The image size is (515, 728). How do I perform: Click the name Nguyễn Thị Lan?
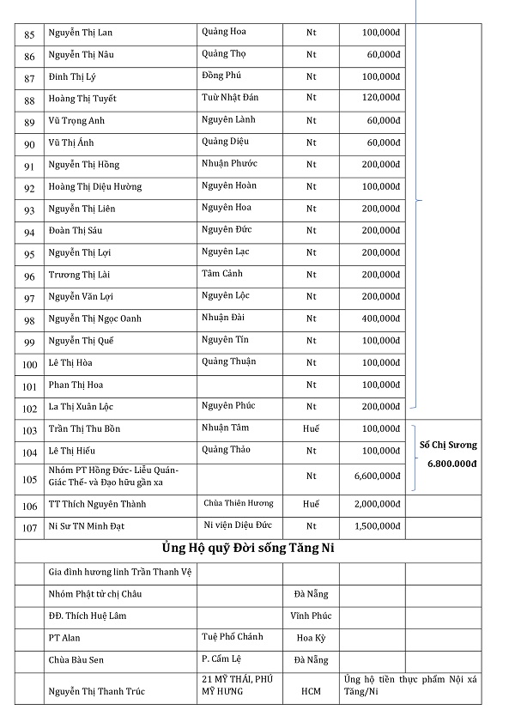coord(81,33)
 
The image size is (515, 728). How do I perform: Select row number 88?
coord(30,100)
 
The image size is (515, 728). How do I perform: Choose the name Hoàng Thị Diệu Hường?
coord(95,187)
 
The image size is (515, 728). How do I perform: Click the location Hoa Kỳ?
coord(311,638)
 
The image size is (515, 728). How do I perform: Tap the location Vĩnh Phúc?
coord(311,616)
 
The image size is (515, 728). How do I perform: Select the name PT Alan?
coord(64,638)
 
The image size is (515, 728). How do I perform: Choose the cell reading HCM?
coord(311,691)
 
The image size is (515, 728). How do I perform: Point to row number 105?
coord(30,479)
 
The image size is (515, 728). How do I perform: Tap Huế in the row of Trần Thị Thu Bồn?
coord(311,428)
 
